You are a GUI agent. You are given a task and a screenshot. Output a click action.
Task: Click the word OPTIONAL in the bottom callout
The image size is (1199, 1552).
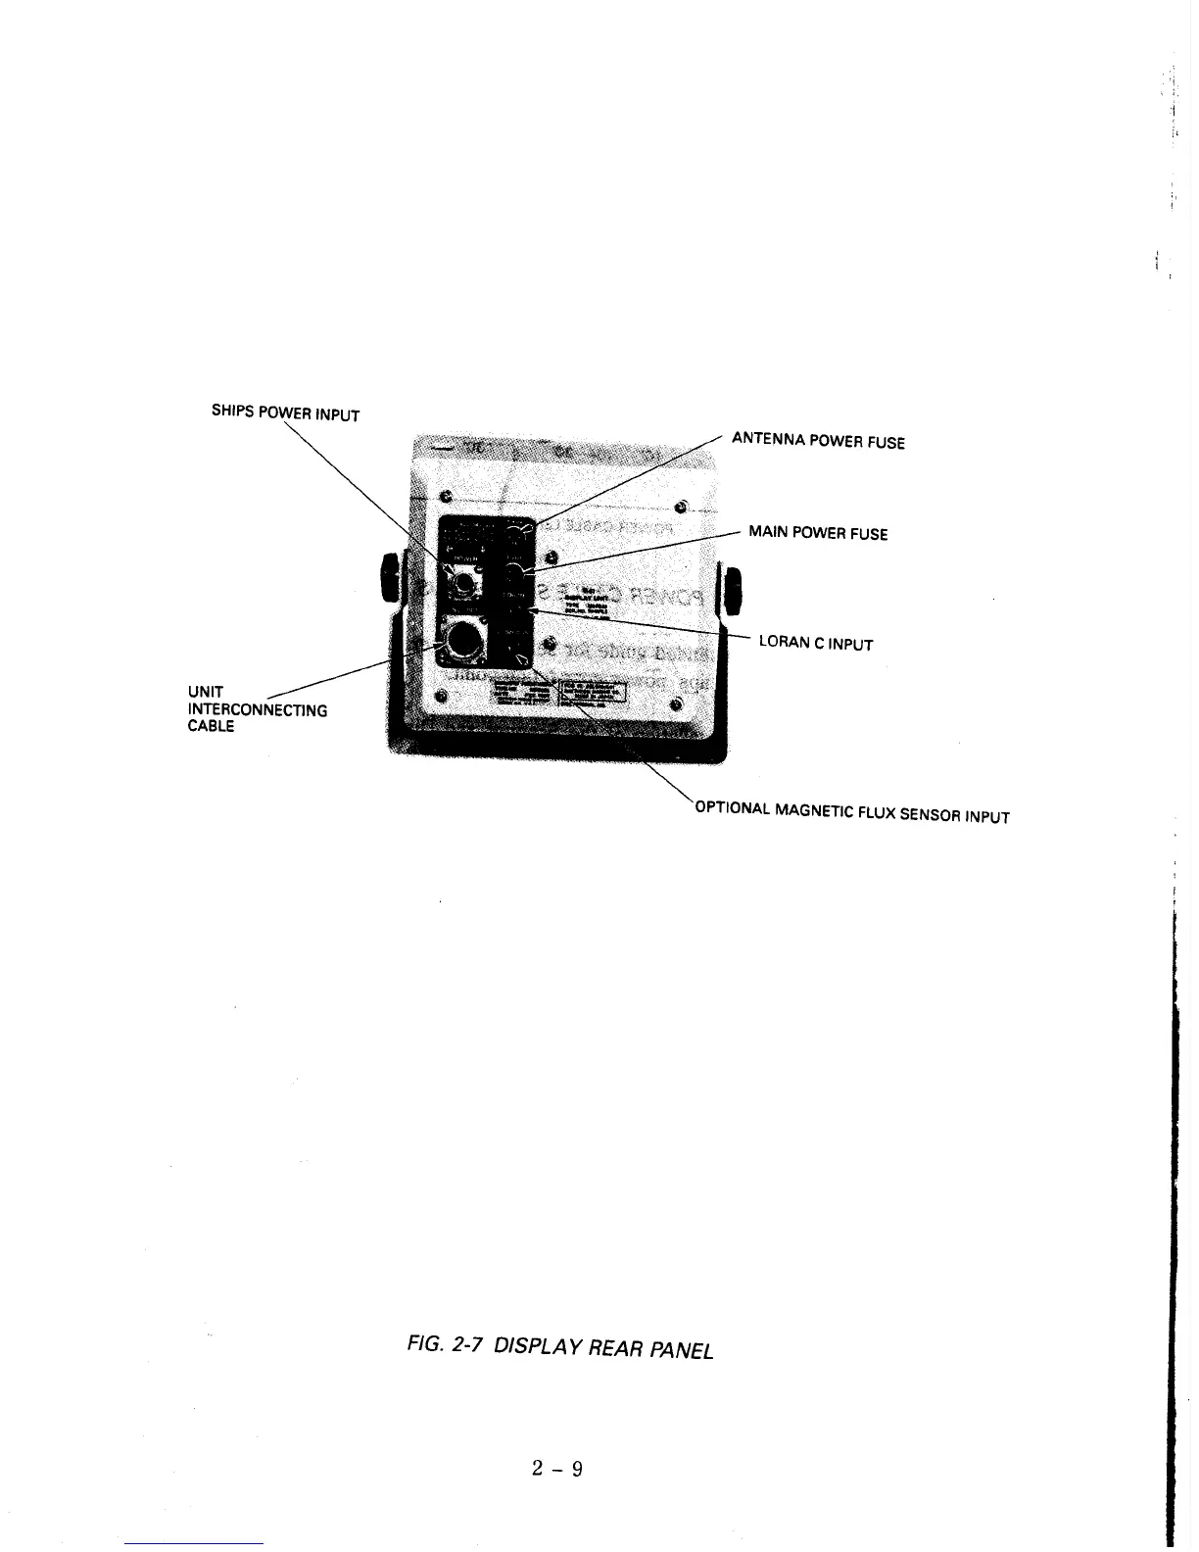pyautogui.click(x=732, y=808)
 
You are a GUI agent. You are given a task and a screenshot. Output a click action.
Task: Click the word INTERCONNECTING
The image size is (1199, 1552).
pyautogui.click(x=257, y=709)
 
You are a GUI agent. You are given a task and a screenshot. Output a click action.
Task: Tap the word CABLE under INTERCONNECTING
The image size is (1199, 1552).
pyautogui.click(x=211, y=726)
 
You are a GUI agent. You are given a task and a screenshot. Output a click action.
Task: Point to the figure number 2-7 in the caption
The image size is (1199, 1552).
pyautogui.click(x=465, y=1343)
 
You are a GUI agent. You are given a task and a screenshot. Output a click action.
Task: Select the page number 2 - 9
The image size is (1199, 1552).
pyautogui.click(x=557, y=1468)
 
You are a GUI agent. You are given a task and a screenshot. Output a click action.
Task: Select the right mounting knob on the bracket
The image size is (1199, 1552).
pyautogui.click(x=731, y=590)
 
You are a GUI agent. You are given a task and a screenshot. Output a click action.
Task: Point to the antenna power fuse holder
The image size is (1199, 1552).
pyautogui.click(x=515, y=533)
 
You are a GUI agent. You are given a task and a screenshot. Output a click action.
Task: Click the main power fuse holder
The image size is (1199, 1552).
pyautogui.click(x=513, y=571)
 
